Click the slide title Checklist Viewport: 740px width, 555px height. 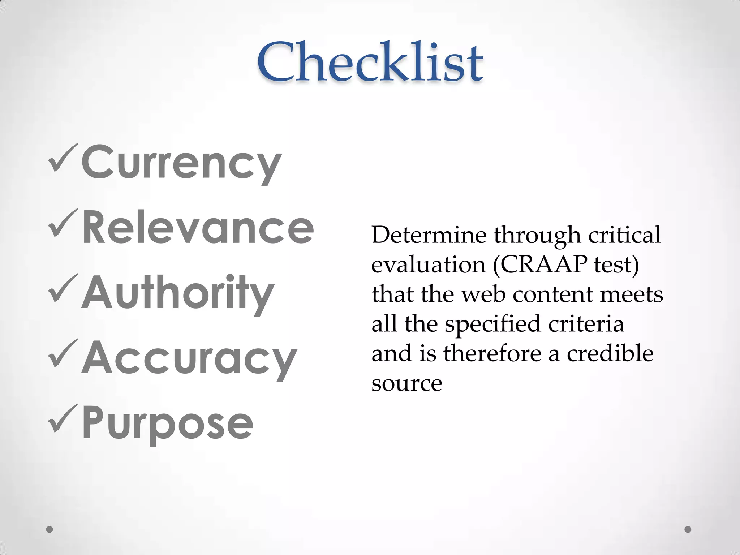[370, 62]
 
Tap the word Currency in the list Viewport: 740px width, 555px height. [181, 162]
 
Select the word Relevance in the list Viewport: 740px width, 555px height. [198, 228]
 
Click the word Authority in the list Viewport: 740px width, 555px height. [178, 293]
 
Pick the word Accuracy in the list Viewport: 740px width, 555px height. [189, 358]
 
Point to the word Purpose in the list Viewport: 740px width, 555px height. [168, 423]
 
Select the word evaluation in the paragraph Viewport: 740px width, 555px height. [429, 265]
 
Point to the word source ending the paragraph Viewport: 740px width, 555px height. [407, 384]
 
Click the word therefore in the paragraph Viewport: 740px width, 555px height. [492, 353]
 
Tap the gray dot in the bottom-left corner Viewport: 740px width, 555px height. [50, 529]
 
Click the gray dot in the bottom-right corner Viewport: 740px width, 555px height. [688, 529]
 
